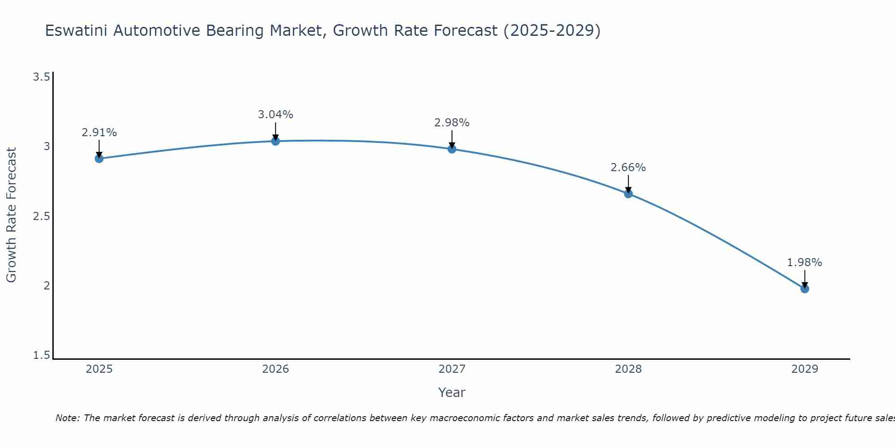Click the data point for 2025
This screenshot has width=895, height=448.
pyautogui.click(x=99, y=159)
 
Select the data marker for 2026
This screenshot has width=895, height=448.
pyautogui.click(x=276, y=141)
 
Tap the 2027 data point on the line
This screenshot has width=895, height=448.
pyautogui.click(x=452, y=149)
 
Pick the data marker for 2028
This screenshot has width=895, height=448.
pyautogui.click(x=628, y=194)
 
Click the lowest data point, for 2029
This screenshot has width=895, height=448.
pyautogui.click(x=805, y=289)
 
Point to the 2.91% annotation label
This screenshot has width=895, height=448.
pyautogui.click(x=99, y=133)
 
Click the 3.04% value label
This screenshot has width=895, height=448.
pyautogui.click(x=276, y=115)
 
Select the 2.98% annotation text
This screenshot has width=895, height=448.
pyautogui.click(x=452, y=123)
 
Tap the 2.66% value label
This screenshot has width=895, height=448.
pyautogui.click(x=628, y=168)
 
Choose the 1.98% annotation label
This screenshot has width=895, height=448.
pyautogui.click(x=805, y=263)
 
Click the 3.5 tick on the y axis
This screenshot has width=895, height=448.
pyautogui.click(x=41, y=77)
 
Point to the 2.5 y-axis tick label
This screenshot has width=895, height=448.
pyautogui.click(x=41, y=216)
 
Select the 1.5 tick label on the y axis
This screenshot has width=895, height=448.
pyautogui.click(x=41, y=356)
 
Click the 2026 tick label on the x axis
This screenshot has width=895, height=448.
pyautogui.click(x=276, y=369)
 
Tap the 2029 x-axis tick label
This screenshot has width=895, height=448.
pyautogui.click(x=805, y=369)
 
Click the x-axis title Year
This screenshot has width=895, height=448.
pyautogui.click(x=452, y=392)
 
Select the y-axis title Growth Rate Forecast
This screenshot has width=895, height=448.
pyautogui.click(x=11, y=215)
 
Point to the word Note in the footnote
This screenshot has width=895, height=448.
pyautogui.click(x=67, y=418)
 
